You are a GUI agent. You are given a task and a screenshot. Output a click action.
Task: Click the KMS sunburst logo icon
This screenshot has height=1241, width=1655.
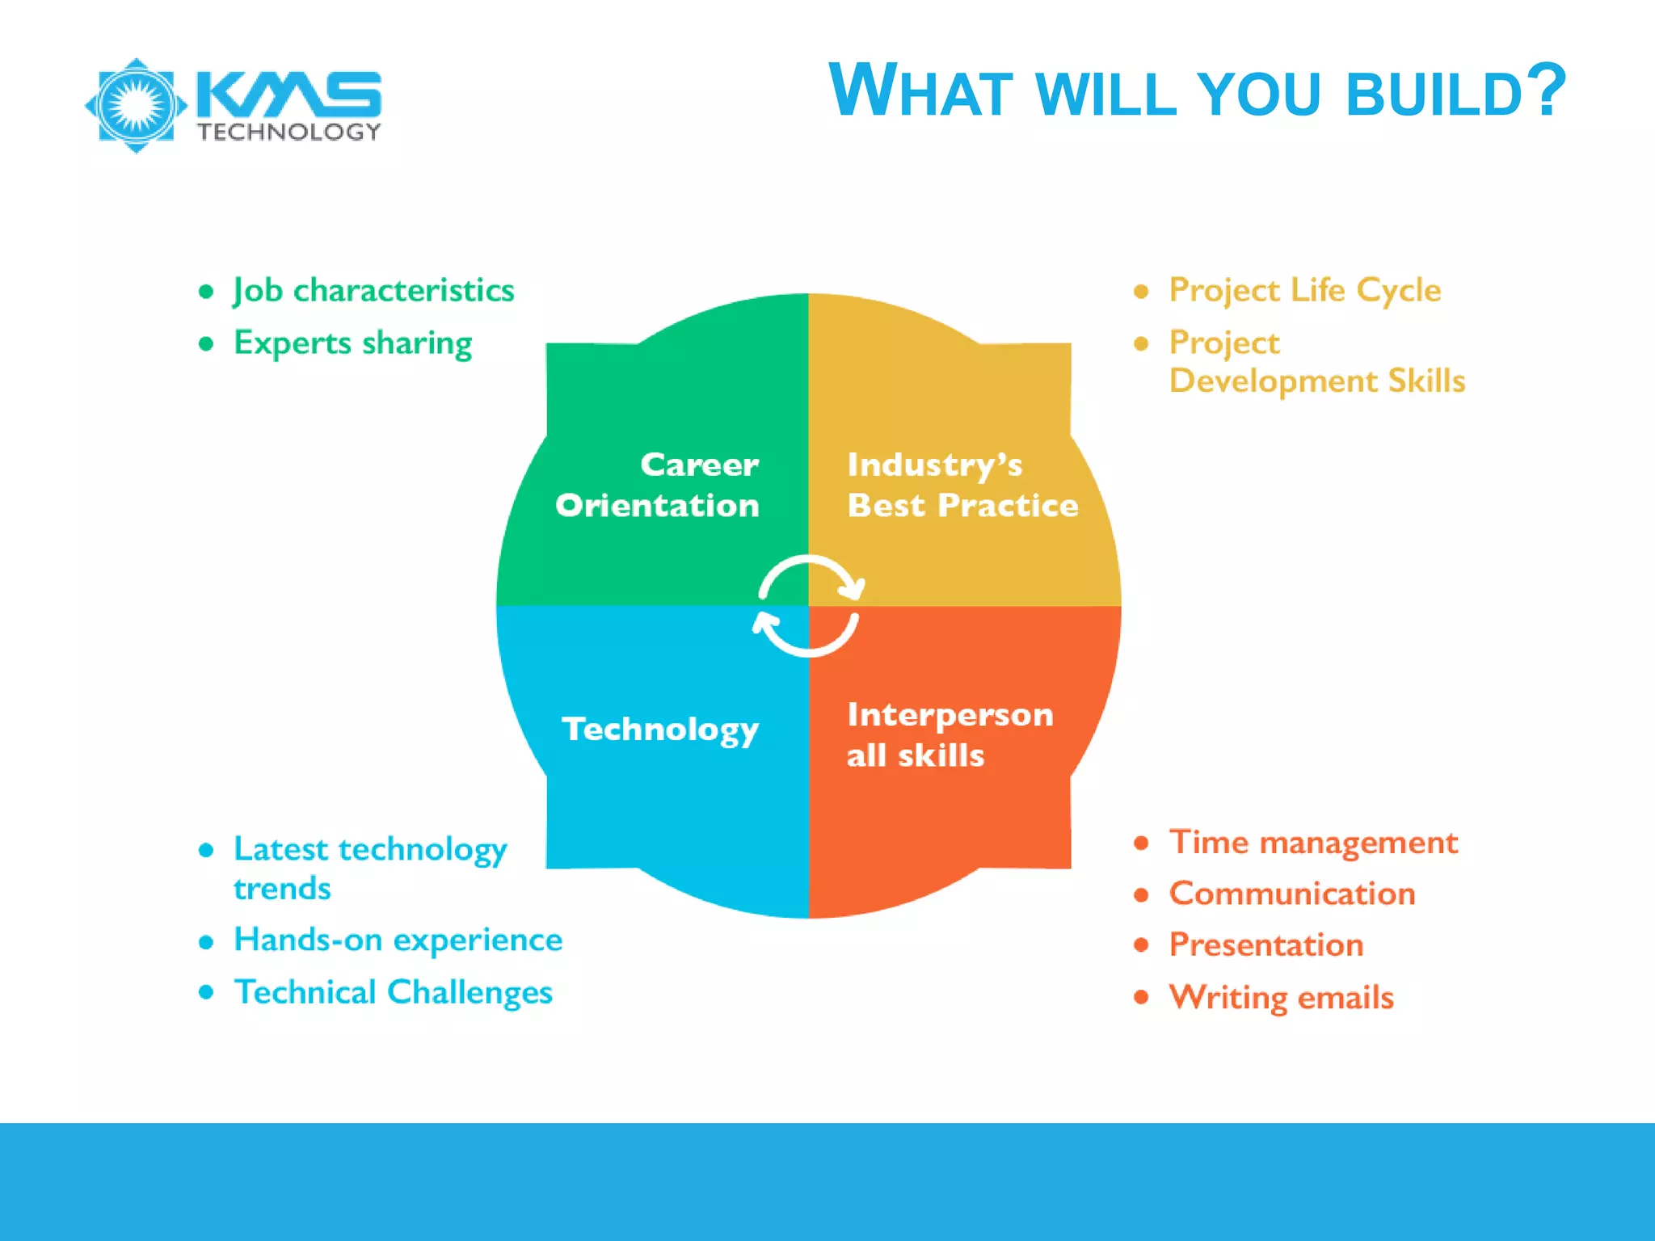point(136,105)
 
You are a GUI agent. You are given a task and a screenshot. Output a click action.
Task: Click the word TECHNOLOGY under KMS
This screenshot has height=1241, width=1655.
point(288,132)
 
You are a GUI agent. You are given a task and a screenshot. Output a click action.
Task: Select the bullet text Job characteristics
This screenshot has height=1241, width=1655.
point(373,290)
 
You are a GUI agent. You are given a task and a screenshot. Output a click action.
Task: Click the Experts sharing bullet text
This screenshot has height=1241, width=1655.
point(352,343)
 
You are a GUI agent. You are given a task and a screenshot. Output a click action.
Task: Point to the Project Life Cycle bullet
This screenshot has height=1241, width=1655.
point(1304,290)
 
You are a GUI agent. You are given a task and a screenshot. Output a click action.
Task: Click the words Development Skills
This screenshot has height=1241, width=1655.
point(1316,381)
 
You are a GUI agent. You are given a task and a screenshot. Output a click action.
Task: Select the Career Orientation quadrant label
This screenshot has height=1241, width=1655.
point(659,485)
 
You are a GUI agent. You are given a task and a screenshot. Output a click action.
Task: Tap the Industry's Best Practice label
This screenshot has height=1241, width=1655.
point(961,485)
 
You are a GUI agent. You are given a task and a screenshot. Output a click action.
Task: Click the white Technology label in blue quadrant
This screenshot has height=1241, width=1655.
point(660,729)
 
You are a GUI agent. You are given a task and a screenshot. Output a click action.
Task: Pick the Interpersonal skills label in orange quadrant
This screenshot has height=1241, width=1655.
point(950,734)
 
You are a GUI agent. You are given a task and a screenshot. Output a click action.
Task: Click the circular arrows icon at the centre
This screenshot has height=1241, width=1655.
point(808,606)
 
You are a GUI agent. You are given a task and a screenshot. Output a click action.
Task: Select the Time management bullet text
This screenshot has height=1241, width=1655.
point(1312,843)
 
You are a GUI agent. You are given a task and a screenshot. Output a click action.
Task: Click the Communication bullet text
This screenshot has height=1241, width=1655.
point(1291,894)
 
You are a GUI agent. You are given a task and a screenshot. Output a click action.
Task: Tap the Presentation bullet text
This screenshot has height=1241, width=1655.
point(1265,945)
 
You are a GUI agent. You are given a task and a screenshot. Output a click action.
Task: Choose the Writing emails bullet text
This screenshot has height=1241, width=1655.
point(1281,998)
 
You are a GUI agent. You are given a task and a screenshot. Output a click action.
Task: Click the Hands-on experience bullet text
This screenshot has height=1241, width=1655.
point(398,940)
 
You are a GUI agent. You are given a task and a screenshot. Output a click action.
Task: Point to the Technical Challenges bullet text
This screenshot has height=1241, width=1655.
point(393,992)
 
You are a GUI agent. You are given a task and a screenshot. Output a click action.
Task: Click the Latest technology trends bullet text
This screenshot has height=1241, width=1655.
point(369,868)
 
